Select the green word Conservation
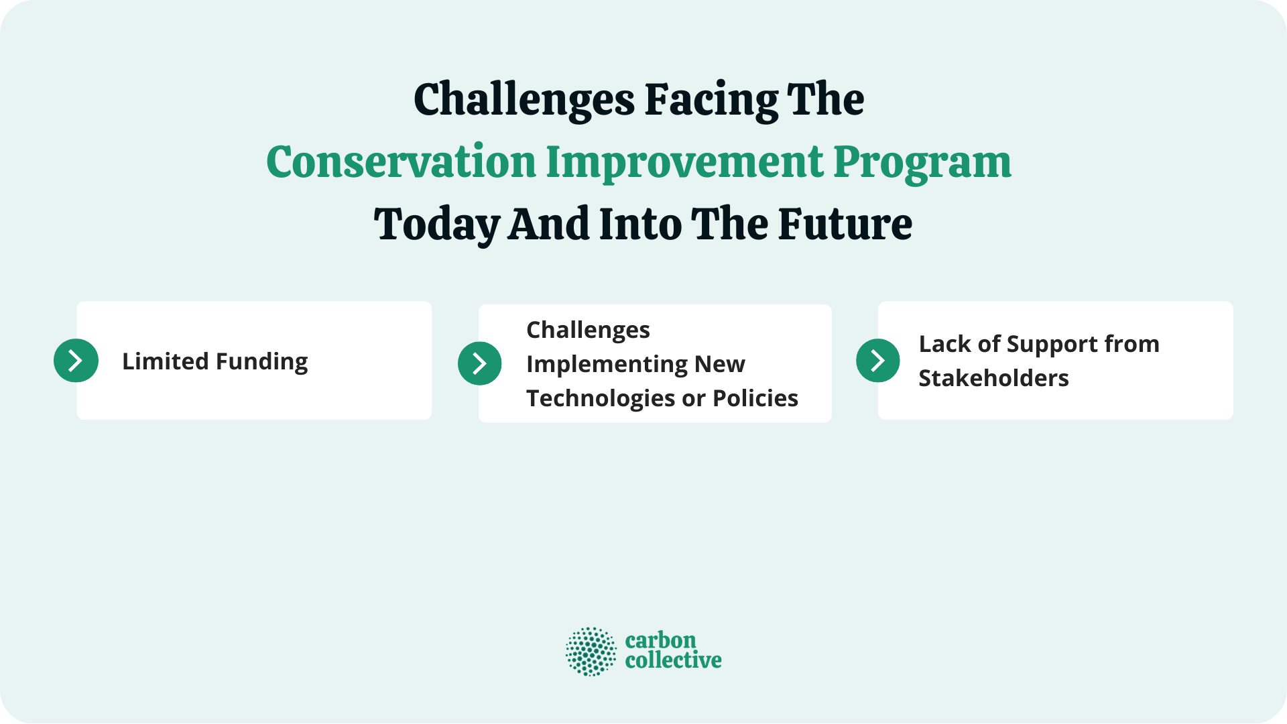pos(401,163)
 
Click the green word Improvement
pos(684,163)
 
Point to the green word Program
pos(922,163)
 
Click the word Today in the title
pos(436,225)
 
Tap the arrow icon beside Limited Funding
pos(76,361)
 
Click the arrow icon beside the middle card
pos(479,363)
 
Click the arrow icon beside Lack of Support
pos(877,361)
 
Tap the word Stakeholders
pos(993,378)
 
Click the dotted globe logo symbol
pos(591,652)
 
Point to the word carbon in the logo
pos(660,640)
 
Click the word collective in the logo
pos(673,660)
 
